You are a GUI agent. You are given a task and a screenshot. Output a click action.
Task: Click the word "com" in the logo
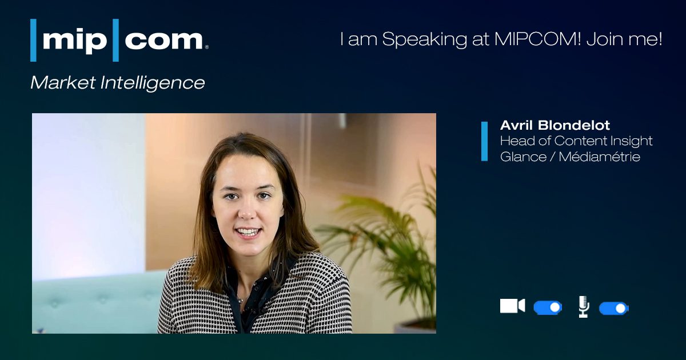(x=164, y=40)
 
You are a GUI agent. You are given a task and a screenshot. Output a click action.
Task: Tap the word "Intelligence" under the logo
(x=153, y=83)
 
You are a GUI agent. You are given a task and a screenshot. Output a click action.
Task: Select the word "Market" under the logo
(x=63, y=82)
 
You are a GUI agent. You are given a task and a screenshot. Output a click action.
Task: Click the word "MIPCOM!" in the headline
(x=537, y=39)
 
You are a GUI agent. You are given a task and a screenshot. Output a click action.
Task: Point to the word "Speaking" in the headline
(x=424, y=40)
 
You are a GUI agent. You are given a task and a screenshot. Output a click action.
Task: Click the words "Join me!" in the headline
(x=624, y=39)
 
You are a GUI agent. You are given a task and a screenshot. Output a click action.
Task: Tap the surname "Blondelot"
(x=574, y=125)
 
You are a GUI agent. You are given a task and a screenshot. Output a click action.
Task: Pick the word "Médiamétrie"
(x=599, y=157)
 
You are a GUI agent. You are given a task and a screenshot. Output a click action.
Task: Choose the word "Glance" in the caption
(x=523, y=157)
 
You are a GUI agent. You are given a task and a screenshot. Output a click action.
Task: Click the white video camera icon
(x=512, y=306)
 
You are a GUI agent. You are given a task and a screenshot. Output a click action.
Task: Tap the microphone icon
(x=584, y=306)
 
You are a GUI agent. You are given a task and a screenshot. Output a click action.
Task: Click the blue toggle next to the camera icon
(x=548, y=307)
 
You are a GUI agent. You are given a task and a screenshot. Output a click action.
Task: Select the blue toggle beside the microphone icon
(x=614, y=308)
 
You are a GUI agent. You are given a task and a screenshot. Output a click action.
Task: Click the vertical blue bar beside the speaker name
(x=485, y=141)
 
